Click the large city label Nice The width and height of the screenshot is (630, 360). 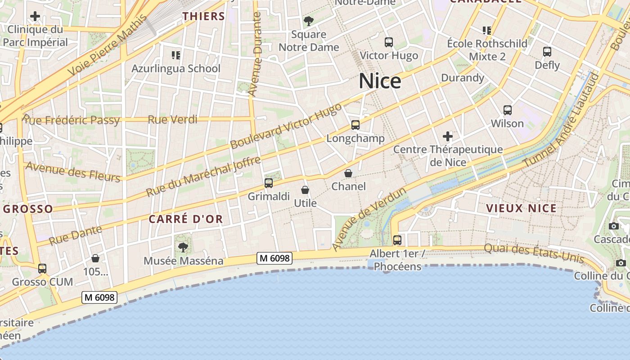click(x=380, y=81)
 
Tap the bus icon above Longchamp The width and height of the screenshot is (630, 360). click(x=355, y=125)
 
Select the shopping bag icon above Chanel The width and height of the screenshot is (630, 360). click(x=348, y=173)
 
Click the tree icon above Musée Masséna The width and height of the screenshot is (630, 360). click(x=183, y=247)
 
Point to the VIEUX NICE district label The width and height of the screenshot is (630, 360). click(x=521, y=208)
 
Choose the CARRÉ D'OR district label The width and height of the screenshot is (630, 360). click(x=185, y=219)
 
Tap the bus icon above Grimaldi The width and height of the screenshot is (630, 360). click(x=269, y=183)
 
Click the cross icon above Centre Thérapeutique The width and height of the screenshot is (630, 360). click(x=448, y=136)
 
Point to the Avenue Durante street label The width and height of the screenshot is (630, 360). click(x=255, y=54)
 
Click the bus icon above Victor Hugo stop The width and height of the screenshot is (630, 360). click(x=389, y=42)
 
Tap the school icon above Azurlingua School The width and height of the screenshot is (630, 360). click(x=176, y=55)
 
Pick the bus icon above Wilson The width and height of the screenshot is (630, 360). click(x=508, y=110)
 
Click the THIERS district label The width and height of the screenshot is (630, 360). click(x=203, y=17)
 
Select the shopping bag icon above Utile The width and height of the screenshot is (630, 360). click(x=305, y=190)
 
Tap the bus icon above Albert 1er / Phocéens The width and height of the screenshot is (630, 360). click(x=397, y=240)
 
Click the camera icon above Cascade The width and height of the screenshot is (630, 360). click(x=613, y=226)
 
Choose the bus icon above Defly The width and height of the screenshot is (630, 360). click(x=547, y=52)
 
